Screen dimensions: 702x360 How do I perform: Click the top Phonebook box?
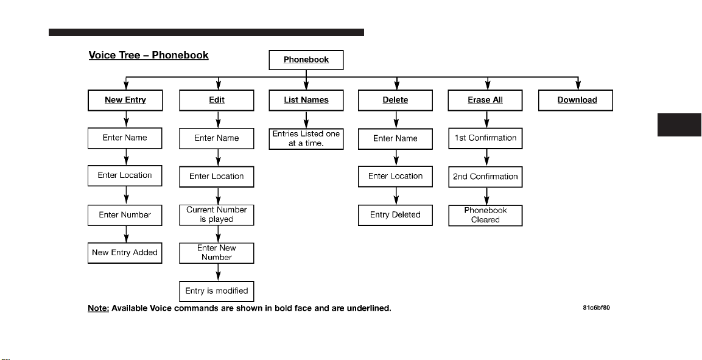(306, 60)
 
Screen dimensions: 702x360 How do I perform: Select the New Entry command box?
(125, 100)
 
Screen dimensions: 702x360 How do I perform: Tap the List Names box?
(306, 100)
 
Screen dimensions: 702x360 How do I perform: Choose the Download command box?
(575, 100)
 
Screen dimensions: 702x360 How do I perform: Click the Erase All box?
(485, 100)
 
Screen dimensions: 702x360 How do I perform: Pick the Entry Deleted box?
(395, 215)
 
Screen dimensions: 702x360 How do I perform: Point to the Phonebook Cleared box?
(485, 216)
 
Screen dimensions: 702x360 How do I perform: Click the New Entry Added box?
(125, 253)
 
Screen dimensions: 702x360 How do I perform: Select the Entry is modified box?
(217, 291)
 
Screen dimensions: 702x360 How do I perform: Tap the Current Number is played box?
(217, 215)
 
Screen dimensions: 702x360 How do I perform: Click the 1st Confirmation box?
(485, 138)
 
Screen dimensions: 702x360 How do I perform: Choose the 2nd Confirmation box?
(485, 177)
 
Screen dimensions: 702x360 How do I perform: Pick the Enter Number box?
(125, 215)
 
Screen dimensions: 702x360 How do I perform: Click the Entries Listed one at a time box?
(306, 139)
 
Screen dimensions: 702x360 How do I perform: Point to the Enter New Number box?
(217, 253)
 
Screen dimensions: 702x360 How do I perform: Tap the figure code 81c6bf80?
(596, 308)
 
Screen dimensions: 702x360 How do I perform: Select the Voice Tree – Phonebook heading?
(149, 55)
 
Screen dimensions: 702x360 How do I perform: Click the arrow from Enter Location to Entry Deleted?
(396, 196)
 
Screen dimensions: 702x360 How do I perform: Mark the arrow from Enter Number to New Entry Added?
(126, 234)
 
